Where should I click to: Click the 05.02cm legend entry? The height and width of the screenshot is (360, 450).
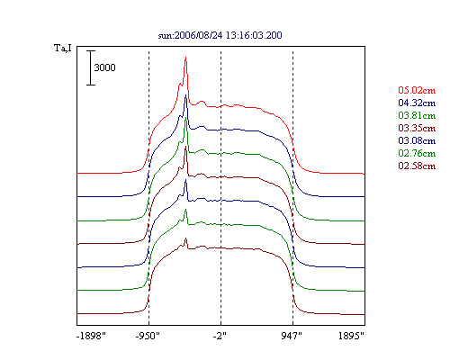[x=417, y=90]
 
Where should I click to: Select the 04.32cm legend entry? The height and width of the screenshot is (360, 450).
[x=417, y=103]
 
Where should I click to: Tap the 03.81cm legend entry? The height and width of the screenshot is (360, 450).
[x=417, y=115]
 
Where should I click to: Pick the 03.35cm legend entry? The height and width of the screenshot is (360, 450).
[x=417, y=128]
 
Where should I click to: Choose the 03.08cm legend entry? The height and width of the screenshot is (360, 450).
[x=417, y=140]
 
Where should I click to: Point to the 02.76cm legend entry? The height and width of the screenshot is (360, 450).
[x=417, y=153]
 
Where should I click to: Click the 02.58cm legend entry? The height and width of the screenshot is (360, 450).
[x=417, y=166]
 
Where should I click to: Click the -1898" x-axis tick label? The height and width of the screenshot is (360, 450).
[x=91, y=336]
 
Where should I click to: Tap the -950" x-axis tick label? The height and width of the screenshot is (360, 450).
[x=148, y=336]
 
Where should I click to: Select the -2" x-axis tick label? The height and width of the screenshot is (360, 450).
[x=220, y=336]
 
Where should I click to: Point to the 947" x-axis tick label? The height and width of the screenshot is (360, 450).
[x=292, y=336]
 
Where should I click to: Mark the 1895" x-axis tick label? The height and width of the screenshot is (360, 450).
[x=351, y=336]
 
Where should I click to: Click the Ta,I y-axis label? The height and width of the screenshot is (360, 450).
[x=63, y=48]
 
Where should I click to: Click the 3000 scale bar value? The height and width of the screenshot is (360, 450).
[x=104, y=67]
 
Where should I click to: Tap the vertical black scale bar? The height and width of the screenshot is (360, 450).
[x=91, y=67]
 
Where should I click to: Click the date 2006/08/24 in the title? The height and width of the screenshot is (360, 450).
[x=198, y=35]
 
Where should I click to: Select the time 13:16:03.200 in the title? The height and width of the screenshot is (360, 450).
[x=254, y=35]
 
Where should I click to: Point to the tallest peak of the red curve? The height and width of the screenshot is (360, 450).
[x=185, y=58]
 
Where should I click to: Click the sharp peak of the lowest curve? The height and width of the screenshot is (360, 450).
[x=185, y=238]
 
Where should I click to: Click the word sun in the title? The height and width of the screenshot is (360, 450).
[x=165, y=36]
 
